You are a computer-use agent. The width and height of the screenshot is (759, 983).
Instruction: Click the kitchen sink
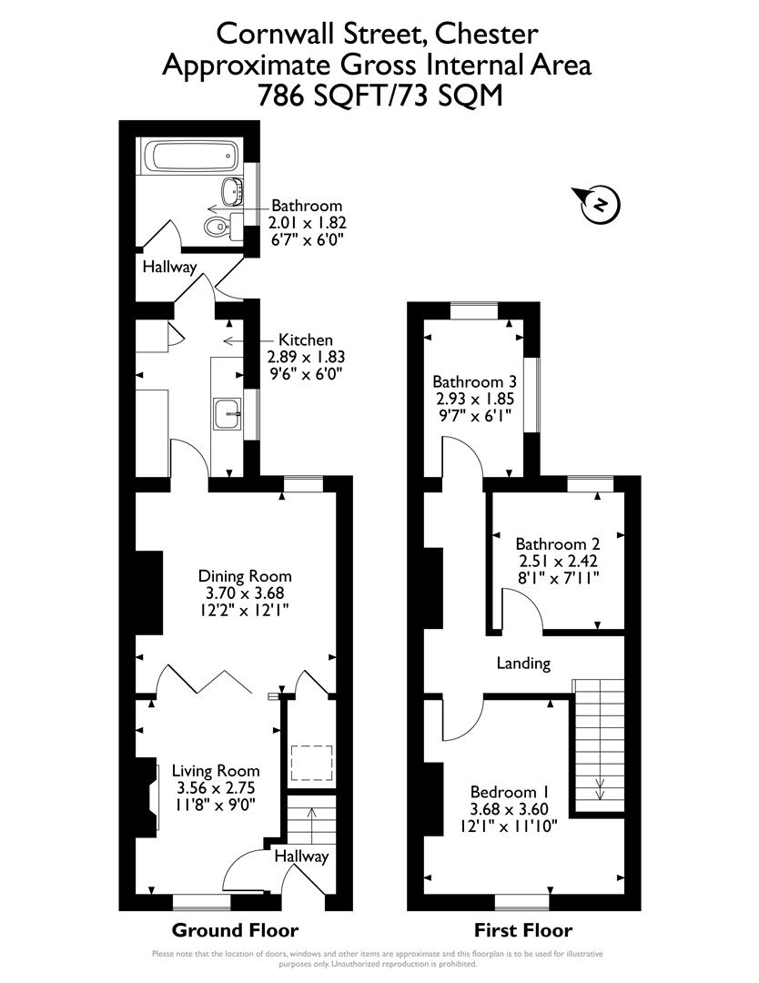point(227,414)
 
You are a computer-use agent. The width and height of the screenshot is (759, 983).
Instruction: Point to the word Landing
point(523,663)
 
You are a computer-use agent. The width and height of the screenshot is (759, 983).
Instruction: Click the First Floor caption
point(523,930)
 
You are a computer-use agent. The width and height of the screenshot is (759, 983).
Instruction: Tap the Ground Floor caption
point(236,930)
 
